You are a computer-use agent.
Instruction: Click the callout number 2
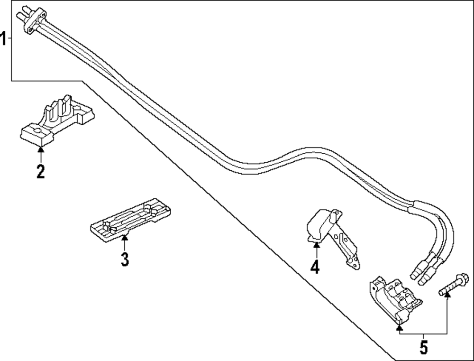(41, 171)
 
